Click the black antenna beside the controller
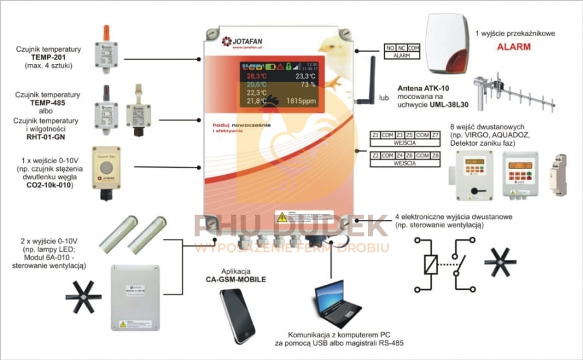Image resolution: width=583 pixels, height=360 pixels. [x=373, y=82]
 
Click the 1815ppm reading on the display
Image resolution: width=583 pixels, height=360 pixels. [x=299, y=101]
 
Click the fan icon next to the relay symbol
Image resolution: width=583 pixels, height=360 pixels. [x=505, y=260]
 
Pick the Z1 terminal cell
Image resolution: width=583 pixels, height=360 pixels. [x=376, y=135]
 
